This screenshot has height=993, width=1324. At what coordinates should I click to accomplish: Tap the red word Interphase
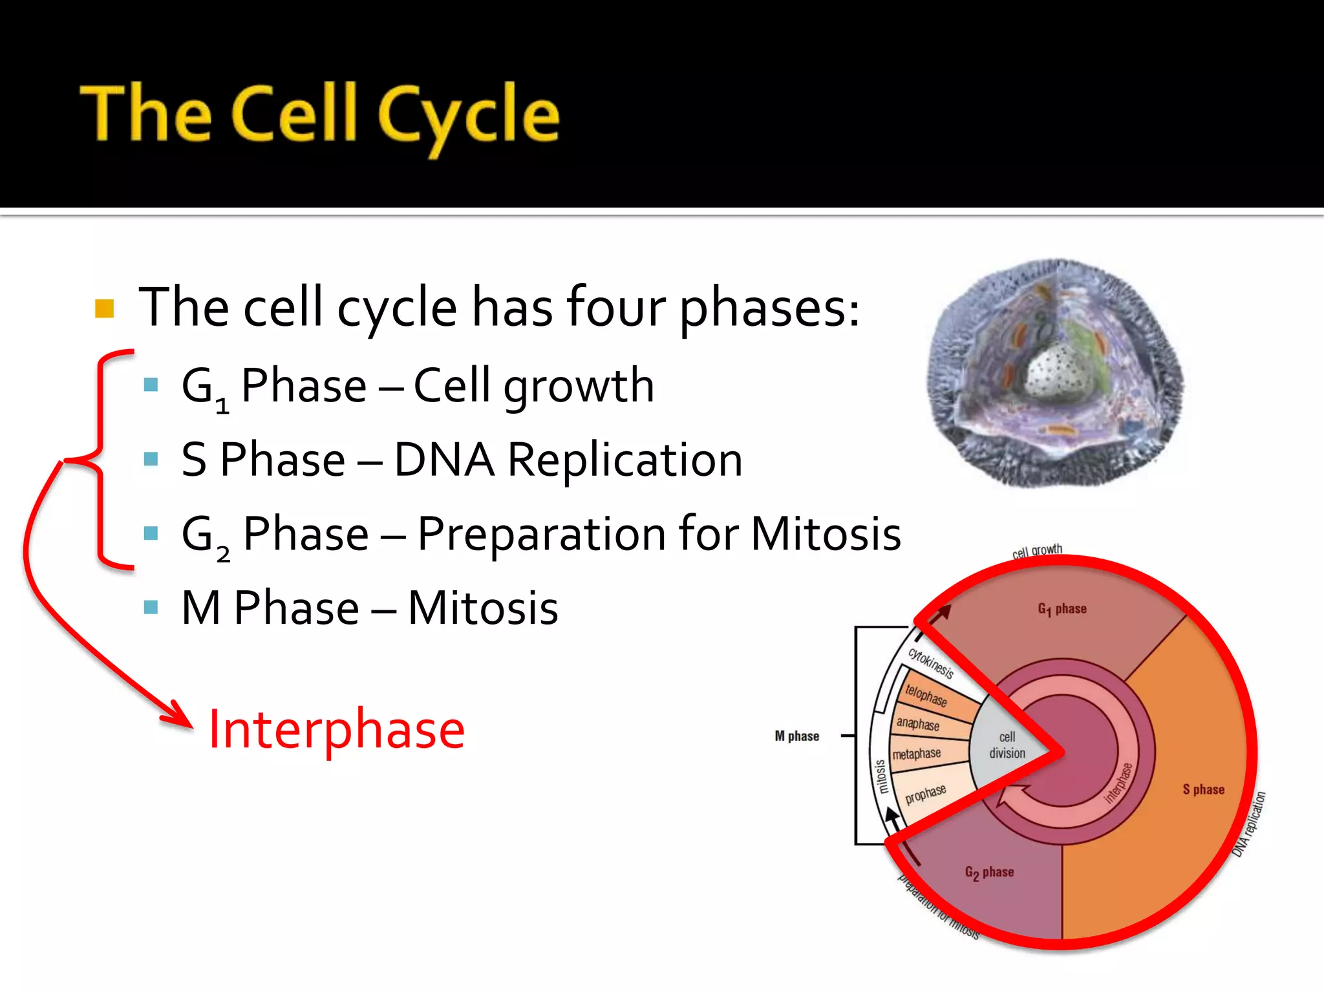pyautogui.click(x=336, y=729)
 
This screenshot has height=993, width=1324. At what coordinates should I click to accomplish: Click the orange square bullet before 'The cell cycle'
pyautogui.click(x=104, y=308)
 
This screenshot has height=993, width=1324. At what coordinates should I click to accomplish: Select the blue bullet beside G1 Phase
pyautogui.click(x=151, y=385)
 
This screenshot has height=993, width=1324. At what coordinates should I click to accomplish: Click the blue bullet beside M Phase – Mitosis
pyautogui.click(x=151, y=607)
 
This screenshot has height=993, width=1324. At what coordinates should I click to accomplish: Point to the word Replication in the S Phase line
pyautogui.click(x=625, y=460)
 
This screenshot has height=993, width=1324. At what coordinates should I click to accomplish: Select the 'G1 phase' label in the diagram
pyautogui.click(x=1062, y=608)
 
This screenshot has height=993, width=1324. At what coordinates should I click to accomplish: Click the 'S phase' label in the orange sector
pyautogui.click(x=1203, y=789)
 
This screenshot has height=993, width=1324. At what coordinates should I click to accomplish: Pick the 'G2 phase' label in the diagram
pyautogui.click(x=989, y=872)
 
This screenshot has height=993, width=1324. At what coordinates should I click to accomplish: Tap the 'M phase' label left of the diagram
pyautogui.click(x=796, y=736)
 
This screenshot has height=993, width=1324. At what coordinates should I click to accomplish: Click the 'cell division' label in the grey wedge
pyautogui.click(x=1007, y=745)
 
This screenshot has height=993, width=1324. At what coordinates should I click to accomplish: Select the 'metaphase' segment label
pyautogui.click(x=916, y=754)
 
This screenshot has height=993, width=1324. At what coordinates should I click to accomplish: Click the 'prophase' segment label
pyautogui.click(x=925, y=794)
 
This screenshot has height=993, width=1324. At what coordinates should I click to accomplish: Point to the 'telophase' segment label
pyautogui.click(x=926, y=695)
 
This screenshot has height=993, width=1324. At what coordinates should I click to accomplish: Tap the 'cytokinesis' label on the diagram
pyautogui.click(x=931, y=663)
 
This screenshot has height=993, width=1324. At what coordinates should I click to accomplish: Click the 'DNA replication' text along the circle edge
pyautogui.click(x=1249, y=824)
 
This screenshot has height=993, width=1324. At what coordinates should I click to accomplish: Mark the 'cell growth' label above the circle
pyautogui.click(x=1037, y=551)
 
